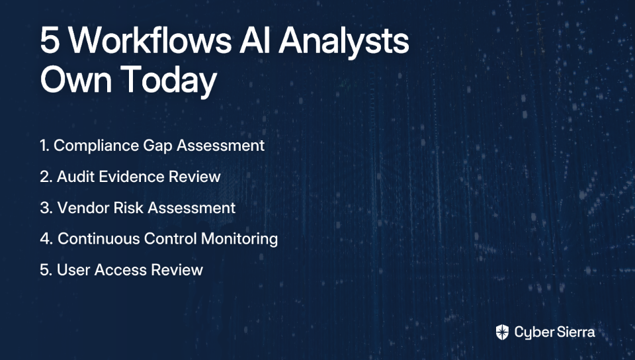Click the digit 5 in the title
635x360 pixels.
50,40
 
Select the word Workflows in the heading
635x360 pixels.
149,40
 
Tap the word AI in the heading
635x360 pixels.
255,40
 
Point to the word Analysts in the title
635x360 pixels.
343,43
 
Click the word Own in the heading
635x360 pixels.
75,80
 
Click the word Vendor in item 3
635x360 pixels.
83,208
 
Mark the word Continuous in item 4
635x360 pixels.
99,239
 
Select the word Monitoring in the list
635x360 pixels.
239,240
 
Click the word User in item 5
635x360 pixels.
73,270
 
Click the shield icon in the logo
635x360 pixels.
502,332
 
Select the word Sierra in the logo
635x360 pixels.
575,332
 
